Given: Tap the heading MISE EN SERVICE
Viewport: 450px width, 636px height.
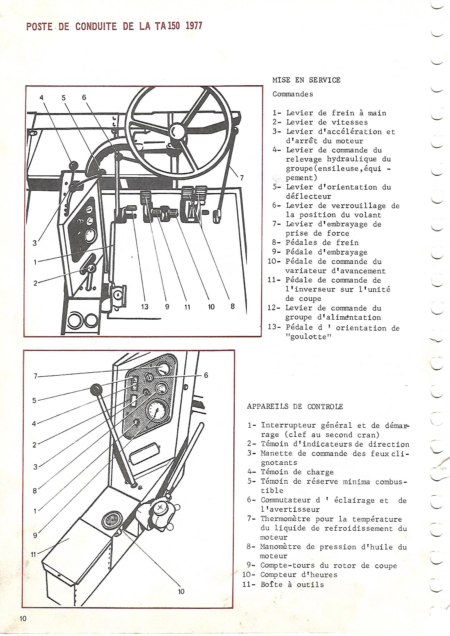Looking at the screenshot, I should pyautogui.click(x=306, y=80).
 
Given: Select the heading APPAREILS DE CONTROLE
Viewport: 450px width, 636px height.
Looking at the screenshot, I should pyautogui.click(x=295, y=407).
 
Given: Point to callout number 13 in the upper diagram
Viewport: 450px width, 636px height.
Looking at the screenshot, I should pyautogui.click(x=145, y=307).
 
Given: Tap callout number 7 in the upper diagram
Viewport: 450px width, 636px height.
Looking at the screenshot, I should pyautogui.click(x=242, y=178).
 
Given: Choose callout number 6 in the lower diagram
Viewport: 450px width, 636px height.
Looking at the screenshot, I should pyautogui.click(x=206, y=375).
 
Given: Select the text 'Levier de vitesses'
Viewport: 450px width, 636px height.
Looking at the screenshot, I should pyautogui.click(x=327, y=122).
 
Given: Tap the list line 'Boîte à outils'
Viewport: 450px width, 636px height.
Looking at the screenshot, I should pyautogui.click(x=292, y=577).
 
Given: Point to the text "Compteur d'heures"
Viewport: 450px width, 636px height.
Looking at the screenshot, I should pyautogui.click(x=299, y=567).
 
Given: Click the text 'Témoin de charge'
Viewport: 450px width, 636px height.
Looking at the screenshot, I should pyautogui.click(x=297, y=472).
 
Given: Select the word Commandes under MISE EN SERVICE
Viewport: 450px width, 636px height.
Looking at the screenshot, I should pyautogui.click(x=293, y=94).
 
